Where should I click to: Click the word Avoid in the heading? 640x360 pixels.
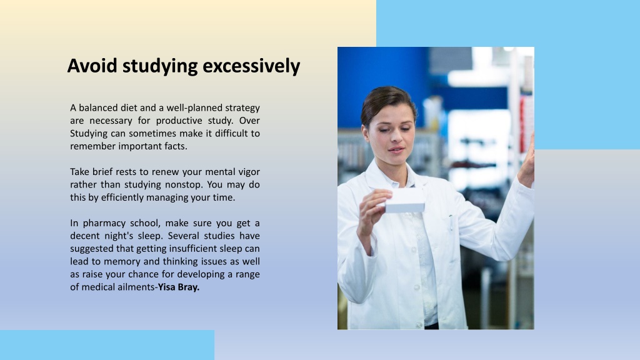(x=92, y=66)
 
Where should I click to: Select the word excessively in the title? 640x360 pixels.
(x=251, y=66)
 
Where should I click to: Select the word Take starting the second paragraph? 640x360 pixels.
(x=79, y=172)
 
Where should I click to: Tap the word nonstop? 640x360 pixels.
(x=183, y=185)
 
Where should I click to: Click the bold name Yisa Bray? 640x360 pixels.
(x=178, y=287)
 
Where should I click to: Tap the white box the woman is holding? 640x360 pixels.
(x=404, y=201)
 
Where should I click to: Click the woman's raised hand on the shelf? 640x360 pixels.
(x=527, y=163)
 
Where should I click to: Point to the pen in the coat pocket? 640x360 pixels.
(x=451, y=223)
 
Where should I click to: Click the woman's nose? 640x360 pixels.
(x=395, y=139)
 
